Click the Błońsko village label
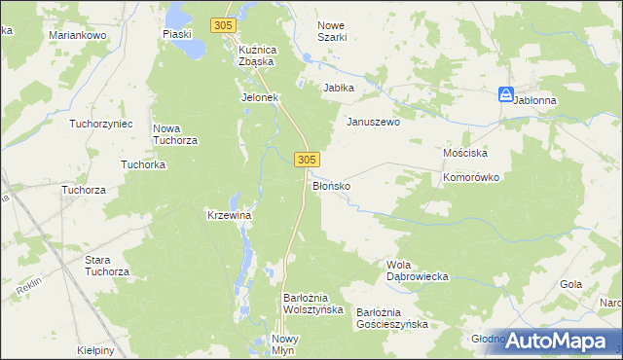tap(331, 184)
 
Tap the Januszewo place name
tap(374, 123)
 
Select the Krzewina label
tap(230, 215)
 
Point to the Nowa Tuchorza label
tap(176, 134)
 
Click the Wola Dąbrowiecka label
tap(417, 270)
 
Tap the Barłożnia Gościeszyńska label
tap(391, 318)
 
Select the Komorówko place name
tap(470, 178)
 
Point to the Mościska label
tap(464, 154)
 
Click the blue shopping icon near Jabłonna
tap(505, 94)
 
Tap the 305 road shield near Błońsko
tap(307, 158)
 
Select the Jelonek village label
tap(260, 97)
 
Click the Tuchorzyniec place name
tap(99, 124)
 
